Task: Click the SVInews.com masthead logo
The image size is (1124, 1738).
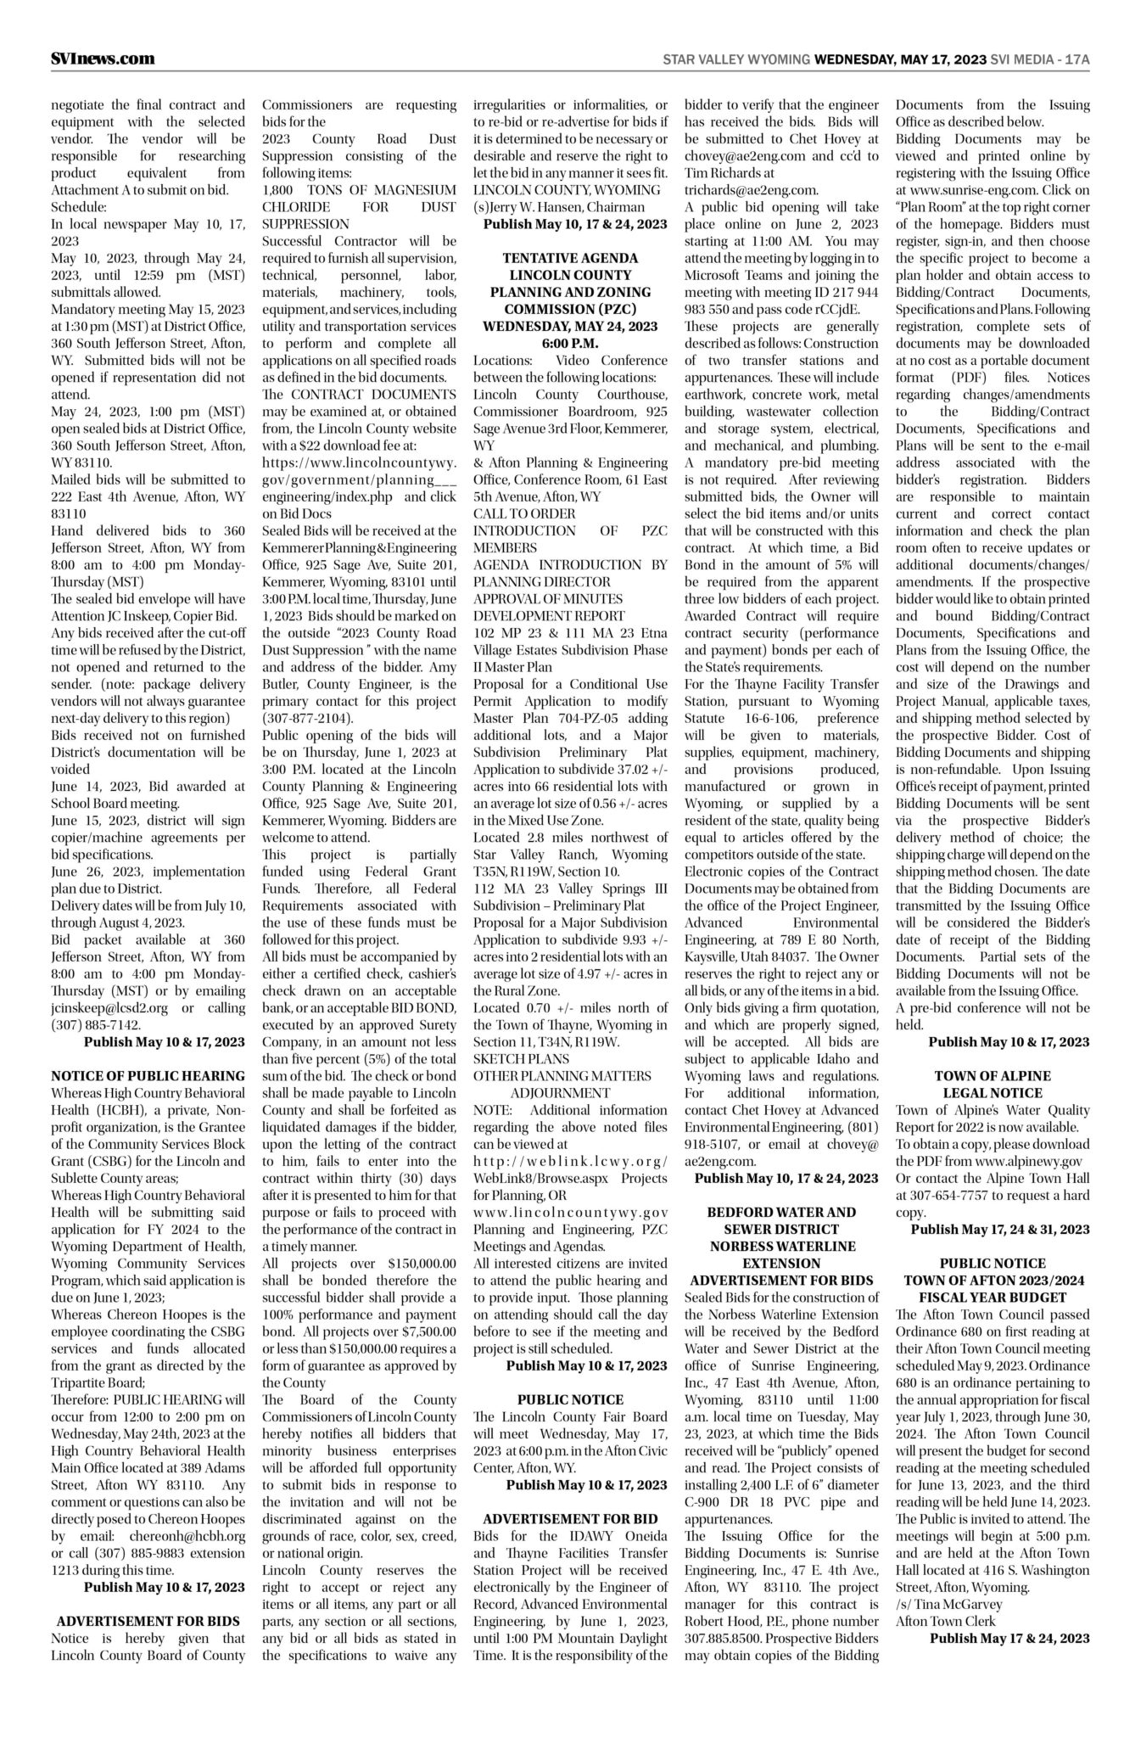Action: tap(103, 59)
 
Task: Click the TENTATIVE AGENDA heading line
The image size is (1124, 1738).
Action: tap(570, 258)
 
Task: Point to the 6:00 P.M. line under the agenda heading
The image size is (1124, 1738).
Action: tap(570, 343)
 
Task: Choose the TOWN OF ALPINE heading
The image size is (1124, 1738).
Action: tap(993, 1076)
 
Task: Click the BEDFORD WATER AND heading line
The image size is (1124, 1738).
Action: tap(781, 1212)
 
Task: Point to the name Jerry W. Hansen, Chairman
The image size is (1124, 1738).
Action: tap(559, 207)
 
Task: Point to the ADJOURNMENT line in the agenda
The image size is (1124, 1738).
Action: tap(560, 1093)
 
